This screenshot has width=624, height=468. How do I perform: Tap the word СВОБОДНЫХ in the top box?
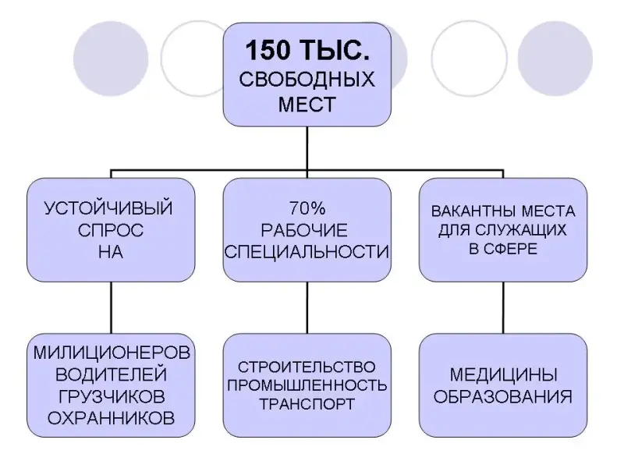pyautogui.click(x=307, y=80)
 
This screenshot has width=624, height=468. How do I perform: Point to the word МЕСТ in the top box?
pyautogui.click(x=307, y=104)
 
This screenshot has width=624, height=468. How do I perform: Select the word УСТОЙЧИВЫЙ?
pyautogui.click(x=108, y=210)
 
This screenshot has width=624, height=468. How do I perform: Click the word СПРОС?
pyautogui.click(x=108, y=231)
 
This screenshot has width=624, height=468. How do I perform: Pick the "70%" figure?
pyautogui.click(x=307, y=210)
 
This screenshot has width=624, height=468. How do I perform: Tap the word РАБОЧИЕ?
pyautogui.click(x=307, y=231)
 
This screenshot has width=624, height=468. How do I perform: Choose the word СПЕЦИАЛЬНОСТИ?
pyautogui.click(x=307, y=252)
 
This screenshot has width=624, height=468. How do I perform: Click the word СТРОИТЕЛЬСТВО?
pyautogui.click(x=307, y=367)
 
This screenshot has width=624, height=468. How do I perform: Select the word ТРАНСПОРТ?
pyautogui.click(x=307, y=404)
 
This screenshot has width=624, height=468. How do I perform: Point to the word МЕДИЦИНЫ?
pyautogui.click(x=503, y=373)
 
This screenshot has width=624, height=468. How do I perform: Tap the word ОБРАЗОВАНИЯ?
pyautogui.click(x=503, y=395)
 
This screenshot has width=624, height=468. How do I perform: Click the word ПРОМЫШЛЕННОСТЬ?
pyautogui.click(x=307, y=385)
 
